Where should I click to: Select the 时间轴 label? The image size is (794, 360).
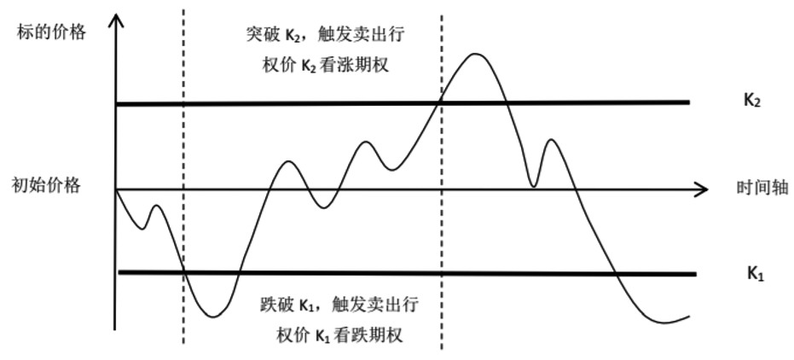tap(761, 188)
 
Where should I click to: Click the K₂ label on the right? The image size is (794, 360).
tap(751, 100)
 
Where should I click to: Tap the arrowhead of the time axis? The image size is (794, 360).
tap(700, 189)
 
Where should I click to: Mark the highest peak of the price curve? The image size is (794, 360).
tap(474, 54)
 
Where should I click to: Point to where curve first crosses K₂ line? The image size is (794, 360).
tap(440, 102)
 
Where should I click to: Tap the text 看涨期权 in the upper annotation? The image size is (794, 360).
tap(361, 66)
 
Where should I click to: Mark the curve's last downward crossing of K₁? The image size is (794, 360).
tap(616, 274)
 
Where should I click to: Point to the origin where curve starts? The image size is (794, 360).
tap(115, 189)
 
